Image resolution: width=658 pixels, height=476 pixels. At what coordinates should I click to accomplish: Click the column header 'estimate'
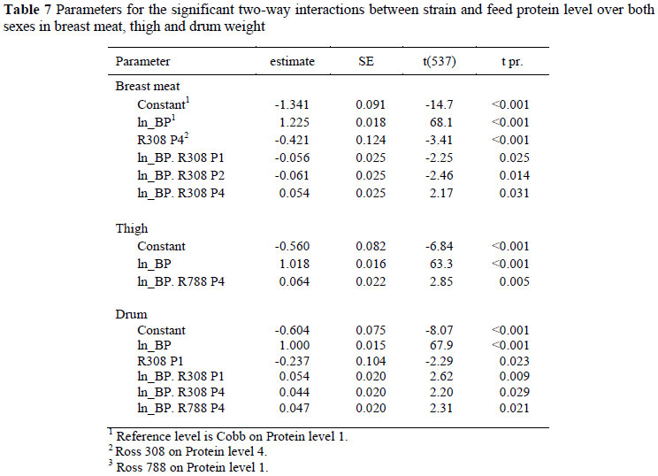point(292,62)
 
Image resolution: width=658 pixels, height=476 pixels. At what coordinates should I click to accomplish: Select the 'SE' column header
point(364,62)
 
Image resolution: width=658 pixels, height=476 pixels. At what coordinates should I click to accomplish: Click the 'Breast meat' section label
point(148,87)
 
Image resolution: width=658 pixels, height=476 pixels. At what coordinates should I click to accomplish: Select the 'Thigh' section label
point(132,227)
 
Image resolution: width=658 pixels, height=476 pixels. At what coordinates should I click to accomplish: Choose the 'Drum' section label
point(131,313)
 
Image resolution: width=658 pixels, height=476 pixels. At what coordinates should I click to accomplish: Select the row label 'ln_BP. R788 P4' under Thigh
point(183,280)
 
